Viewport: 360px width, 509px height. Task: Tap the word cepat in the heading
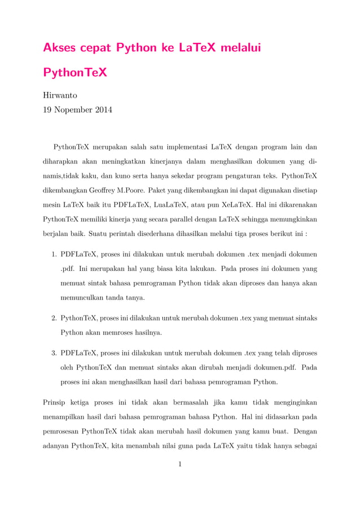tap(95, 49)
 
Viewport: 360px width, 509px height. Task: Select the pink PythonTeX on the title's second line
tap(75, 74)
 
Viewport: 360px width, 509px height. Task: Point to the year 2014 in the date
tap(102, 109)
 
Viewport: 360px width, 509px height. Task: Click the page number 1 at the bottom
tap(179, 464)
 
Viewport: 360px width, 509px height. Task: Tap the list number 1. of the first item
tap(54, 254)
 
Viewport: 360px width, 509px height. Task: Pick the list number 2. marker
tap(54, 318)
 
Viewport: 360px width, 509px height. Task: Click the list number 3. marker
tap(54, 353)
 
